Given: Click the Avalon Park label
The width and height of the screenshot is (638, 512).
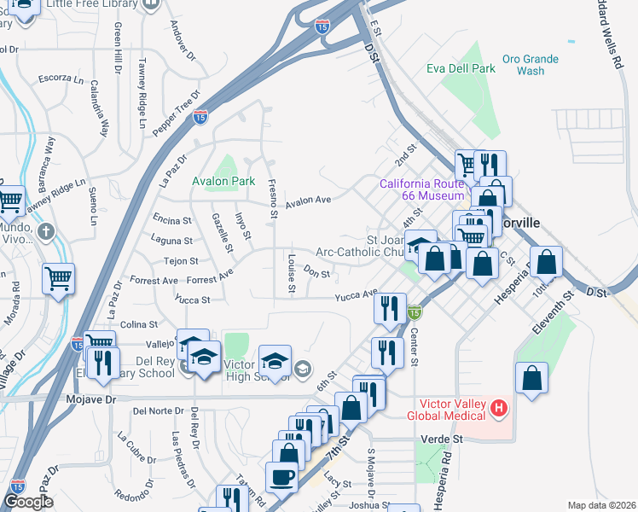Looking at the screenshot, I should [x=223, y=182].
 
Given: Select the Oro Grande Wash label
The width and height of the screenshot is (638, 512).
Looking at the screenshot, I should [x=530, y=65].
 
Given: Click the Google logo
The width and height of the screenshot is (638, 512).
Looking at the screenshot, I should [x=28, y=502].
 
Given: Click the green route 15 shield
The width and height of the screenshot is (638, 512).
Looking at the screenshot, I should [x=414, y=314].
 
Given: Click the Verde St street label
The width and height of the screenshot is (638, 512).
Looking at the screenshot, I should [x=440, y=439].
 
